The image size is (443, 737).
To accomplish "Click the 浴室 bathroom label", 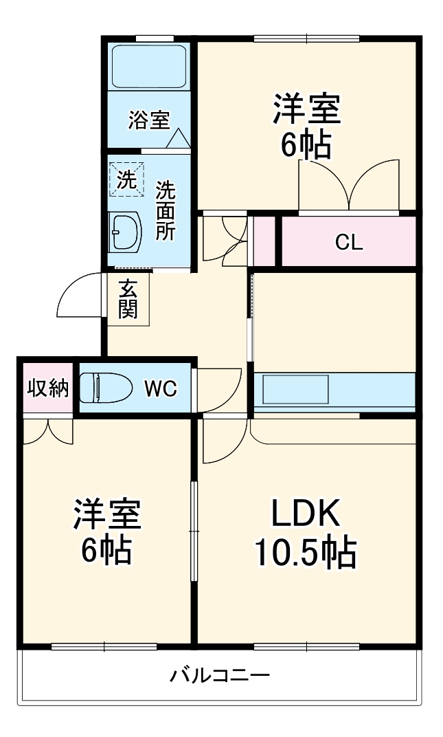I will [x=148, y=120].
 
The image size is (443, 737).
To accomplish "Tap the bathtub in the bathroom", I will [x=148, y=67].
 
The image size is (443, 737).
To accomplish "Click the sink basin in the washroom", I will [x=125, y=231].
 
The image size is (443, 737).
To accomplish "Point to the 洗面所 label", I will [x=165, y=210].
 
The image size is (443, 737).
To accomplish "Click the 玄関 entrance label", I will [x=128, y=300].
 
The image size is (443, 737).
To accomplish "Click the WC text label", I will [x=160, y=389].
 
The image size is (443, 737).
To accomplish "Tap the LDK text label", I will [x=305, y=512].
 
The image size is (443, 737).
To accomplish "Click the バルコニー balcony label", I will [x=220, y=674].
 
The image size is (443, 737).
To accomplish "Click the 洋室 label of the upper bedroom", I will [x=306, y=110].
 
